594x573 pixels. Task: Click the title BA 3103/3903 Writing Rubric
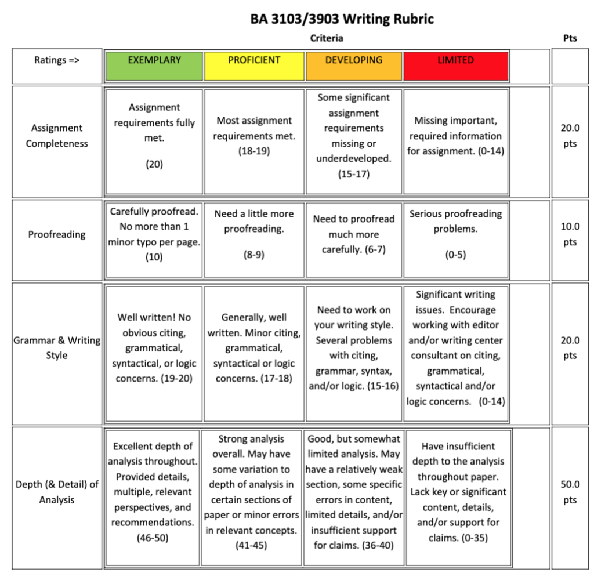(x=342, y=19)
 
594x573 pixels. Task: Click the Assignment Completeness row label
(x=57, y=136)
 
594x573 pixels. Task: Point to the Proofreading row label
(x=57, y=234)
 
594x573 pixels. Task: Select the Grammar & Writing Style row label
(x=57, y=347)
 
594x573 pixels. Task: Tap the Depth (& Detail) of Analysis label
(x=57, y=491)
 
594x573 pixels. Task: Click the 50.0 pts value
(x=570, y=492)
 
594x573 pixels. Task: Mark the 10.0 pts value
(x=570, y=234)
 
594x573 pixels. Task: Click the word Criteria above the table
(x=327, y=38)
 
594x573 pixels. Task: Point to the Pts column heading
(x=570, y=38)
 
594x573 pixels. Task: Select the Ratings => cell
(x=57, y=60)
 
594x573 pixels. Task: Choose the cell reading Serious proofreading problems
(x=455, y=234)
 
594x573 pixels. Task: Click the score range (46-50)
(x=153, y=538)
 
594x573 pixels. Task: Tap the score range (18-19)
(x=254, y=151)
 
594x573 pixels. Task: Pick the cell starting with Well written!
(x=154, y=348)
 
